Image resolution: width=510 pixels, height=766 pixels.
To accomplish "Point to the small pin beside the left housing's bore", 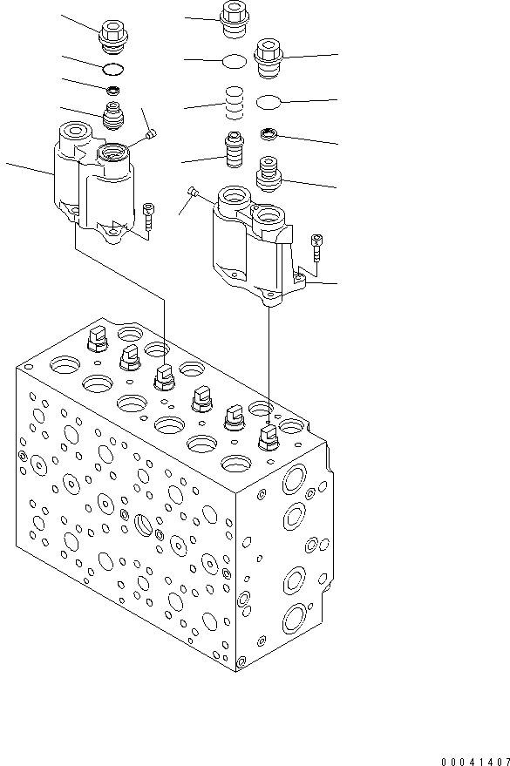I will pyautogui.click(x=153, y=134).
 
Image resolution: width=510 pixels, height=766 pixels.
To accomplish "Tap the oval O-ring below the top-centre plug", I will pyautogui.click(x=234, y=61).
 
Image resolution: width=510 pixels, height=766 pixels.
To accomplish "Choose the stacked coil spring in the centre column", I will pyautogui.click(x=234, y=102).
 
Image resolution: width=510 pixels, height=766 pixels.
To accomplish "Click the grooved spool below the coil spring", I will pyautogui.click(x=234, y=153).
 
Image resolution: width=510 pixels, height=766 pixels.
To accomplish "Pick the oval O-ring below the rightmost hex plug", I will pyautogui.click(x=270, y=103).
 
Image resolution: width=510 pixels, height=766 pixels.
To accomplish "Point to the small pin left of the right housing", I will pyautogui.click(x=194, y=192).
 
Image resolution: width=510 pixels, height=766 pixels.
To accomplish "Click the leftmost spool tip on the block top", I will pyautogui.click(x=95, y=339).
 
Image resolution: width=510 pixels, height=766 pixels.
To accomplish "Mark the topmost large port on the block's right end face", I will pyautogui.click(x=294, y=479).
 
